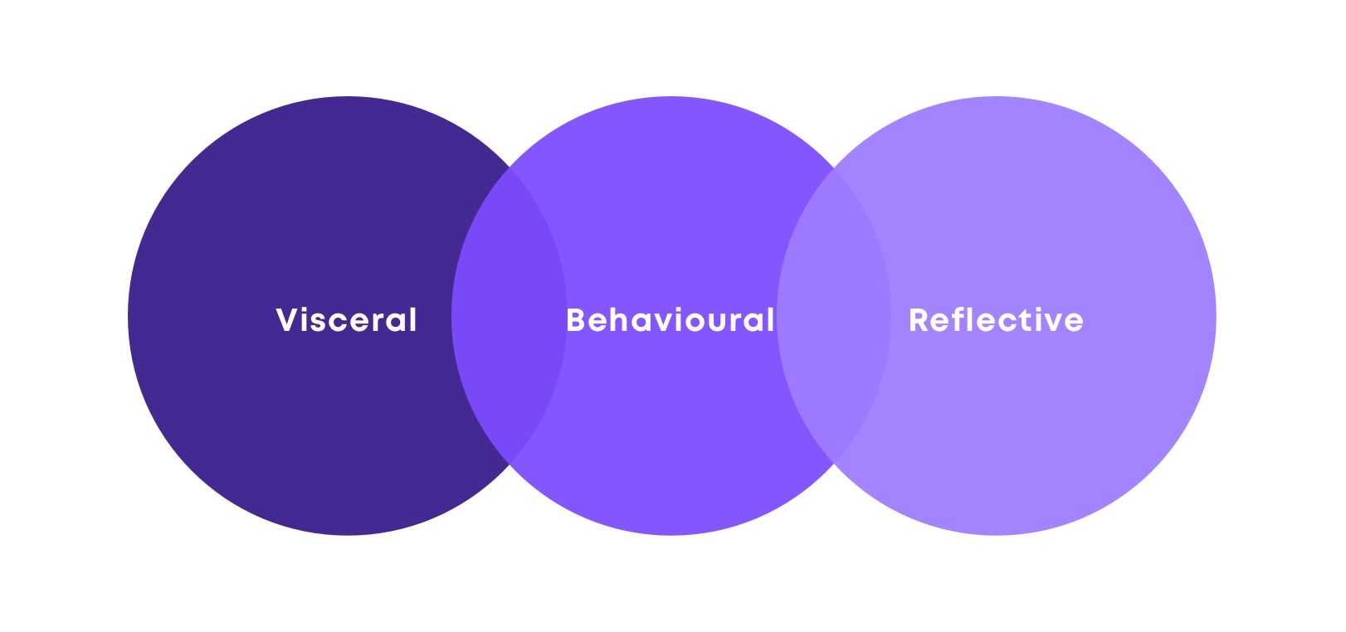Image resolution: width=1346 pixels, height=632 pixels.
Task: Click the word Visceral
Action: [x=346, y=319]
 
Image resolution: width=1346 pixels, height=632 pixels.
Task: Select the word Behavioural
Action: [x=670, y=319]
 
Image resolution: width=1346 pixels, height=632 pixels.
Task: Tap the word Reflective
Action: [x=997, y=319]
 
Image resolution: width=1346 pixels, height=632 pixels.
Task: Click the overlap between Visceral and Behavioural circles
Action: [x=510, y=316]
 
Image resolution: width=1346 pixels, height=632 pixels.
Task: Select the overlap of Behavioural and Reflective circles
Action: [x=834, y=316]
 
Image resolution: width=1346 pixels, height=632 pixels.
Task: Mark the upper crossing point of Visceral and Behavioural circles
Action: [x=510, y=167]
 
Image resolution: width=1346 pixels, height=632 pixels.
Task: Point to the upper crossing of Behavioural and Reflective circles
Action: [x=834, y=168]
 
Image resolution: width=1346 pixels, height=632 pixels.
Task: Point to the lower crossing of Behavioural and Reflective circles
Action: [x=834, y=464]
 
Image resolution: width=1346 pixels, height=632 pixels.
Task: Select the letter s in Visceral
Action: [x=325, y=323]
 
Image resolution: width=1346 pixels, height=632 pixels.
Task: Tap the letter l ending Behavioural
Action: [x=771, y=319]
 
